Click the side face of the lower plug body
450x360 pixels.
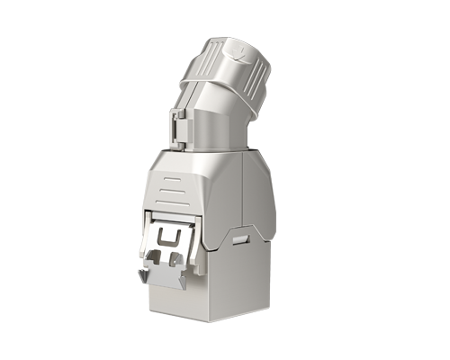tap(238, 279)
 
